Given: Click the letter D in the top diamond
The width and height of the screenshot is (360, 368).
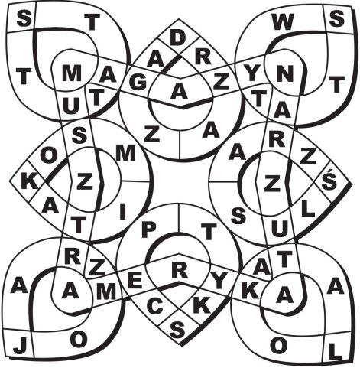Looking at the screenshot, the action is tap(178, 38).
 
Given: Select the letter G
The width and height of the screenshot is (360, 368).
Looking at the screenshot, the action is tap(138, 83).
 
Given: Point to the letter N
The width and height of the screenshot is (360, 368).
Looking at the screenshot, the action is tap(284, 73).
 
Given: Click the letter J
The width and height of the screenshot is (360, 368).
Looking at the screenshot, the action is tap(18, 346).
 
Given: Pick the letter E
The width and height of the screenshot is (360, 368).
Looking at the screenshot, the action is tap(135, 281).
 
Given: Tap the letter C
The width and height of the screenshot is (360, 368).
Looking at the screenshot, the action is tap(155, 306).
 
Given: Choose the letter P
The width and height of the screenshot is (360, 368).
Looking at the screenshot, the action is tap(148, 230).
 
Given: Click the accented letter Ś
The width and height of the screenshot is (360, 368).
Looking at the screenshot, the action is tap(329, 181).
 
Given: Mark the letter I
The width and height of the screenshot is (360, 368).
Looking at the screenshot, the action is tap(123, 212).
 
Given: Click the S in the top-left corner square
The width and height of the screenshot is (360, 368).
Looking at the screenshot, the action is tap(24, 19).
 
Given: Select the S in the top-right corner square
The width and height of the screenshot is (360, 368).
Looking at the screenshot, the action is tap(336, 19).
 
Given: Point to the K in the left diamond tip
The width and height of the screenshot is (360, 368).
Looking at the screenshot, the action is tap(28, 181).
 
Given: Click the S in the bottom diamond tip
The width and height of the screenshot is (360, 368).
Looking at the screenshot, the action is tap(177, 329).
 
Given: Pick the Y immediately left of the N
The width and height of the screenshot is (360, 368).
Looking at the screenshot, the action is tap(252, 73).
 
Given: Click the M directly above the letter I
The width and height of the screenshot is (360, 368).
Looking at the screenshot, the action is tap(125, 153).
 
